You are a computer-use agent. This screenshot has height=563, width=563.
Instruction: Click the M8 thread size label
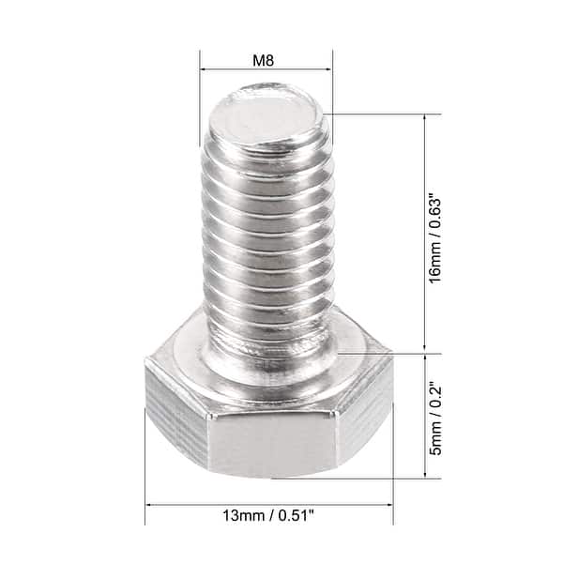pos(266,58)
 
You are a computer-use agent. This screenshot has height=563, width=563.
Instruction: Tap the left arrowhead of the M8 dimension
pos(204,68)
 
